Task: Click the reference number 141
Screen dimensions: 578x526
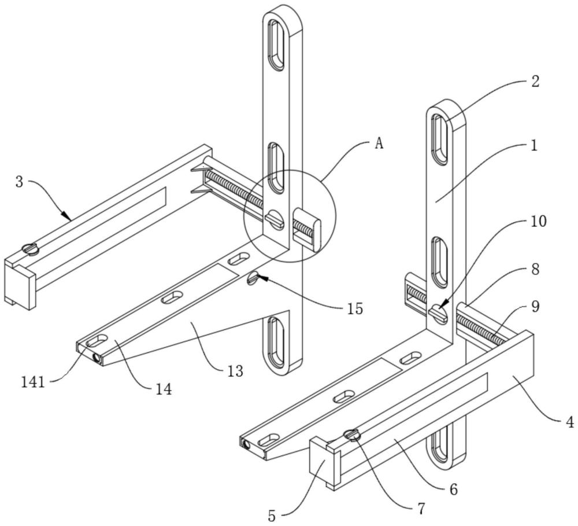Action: pos(33,382)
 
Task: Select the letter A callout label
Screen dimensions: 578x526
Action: pos(379,144)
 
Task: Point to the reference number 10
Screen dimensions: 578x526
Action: pos(539,222)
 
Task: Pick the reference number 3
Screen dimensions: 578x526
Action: pos(20,182)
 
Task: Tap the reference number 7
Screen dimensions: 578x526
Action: pos(421,508)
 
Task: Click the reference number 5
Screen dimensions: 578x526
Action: pos(272,516)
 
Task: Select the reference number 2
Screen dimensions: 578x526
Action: pos(535,82)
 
